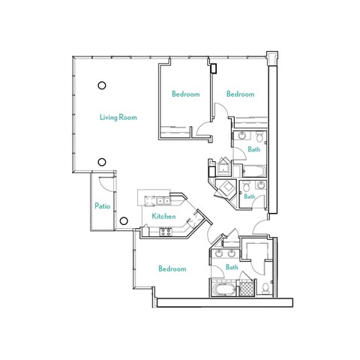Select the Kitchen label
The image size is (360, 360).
point(163,216)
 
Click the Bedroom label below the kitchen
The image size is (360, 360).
point(172,268)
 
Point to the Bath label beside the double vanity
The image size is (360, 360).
point(232,267)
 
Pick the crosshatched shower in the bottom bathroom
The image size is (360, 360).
point(244,289)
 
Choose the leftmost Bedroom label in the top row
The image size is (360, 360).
point(185,94)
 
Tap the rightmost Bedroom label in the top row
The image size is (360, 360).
point(241,94)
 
